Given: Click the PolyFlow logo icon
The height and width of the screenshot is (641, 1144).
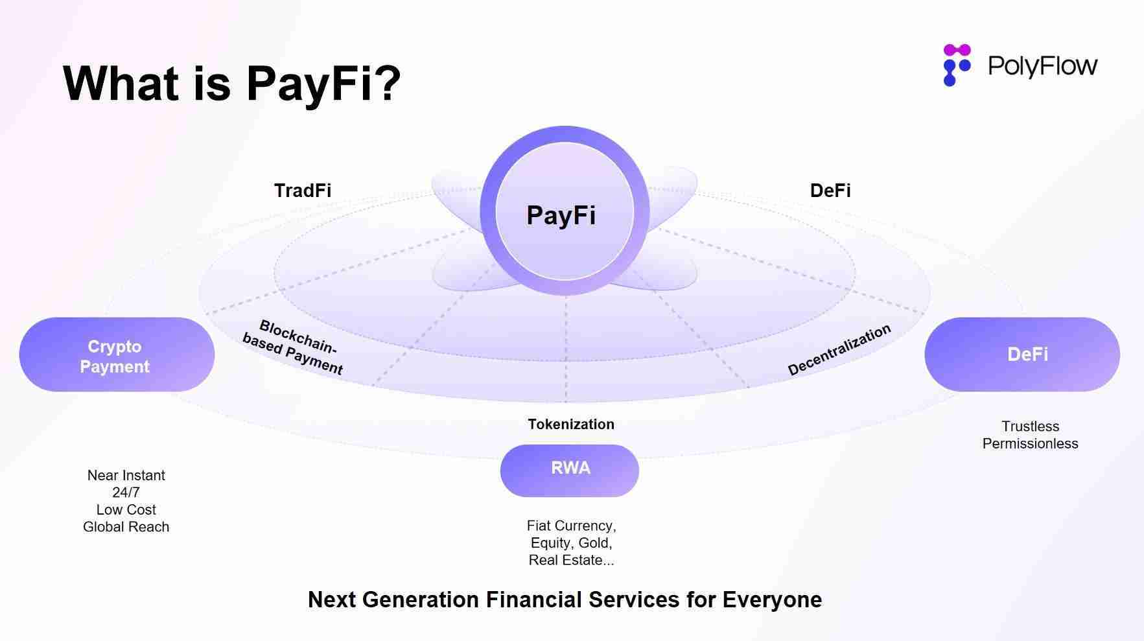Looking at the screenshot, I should (956, 65).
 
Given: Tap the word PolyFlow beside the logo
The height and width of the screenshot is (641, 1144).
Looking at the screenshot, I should (1042, 65).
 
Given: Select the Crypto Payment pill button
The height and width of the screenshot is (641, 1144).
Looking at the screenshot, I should (116, 355).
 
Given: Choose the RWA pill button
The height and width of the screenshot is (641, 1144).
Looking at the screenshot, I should (570, 469).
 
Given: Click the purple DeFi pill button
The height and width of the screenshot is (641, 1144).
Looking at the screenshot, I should (1022, 355).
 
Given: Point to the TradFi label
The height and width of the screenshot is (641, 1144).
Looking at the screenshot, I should (302, 191).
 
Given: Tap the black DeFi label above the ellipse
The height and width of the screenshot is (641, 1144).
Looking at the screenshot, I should (830, 191).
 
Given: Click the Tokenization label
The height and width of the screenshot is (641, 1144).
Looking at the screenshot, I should (571, 425).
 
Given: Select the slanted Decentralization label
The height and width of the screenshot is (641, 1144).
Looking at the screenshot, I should (839, 350).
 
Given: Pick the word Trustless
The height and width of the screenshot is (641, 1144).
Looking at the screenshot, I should (1030, 426).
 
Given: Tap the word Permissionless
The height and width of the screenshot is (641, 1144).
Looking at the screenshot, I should (1030, 444).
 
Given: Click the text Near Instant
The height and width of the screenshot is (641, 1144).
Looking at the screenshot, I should (126, 476).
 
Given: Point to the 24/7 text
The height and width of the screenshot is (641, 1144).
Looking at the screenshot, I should (126, 493).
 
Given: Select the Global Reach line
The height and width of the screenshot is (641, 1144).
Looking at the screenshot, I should (126, 527).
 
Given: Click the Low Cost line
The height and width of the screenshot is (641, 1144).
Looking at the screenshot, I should (126, 510).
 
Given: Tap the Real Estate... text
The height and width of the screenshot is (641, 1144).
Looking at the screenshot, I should (571, 561).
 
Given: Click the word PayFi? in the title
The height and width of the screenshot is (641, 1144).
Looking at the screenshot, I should (323, 84).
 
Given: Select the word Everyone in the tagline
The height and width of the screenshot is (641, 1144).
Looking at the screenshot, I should (772, 600).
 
